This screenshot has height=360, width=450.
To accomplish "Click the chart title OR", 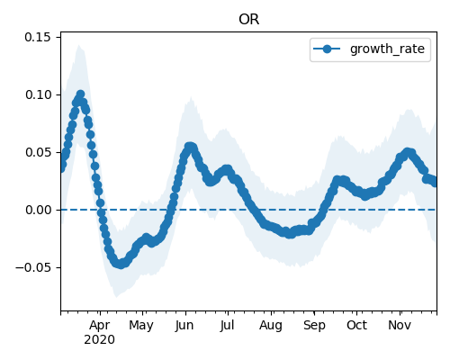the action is point(248,20).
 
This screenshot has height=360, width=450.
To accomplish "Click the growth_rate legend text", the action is point(387,49).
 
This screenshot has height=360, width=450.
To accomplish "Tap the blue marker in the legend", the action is point(327,49).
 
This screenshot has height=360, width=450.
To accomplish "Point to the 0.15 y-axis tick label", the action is point(38,37).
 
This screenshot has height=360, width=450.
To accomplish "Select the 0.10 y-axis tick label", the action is point(38,94).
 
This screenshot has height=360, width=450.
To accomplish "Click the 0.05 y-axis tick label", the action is point(38,152).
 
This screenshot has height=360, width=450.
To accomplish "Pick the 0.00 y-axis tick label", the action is point(38,210).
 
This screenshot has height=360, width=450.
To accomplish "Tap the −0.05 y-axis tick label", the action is point(33,267).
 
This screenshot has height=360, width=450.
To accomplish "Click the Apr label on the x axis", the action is point(100,326).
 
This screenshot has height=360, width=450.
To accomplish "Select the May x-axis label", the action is point(141,326).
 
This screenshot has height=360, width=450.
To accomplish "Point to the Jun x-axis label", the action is point(184,325).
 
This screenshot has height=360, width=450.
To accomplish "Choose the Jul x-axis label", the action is point(227,325).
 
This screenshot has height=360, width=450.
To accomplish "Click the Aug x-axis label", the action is point(271,326).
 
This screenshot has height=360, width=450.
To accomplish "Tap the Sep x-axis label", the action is point(314,326).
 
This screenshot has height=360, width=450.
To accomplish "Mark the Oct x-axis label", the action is point(356,325).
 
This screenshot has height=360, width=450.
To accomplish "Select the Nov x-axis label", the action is point(400,325).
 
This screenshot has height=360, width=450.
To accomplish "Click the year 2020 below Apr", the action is point(99,340).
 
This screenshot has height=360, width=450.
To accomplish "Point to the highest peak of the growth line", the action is point(80,94).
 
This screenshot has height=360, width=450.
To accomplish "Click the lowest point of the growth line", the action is point(121,265).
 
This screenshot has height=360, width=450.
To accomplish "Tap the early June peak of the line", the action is point(190,147).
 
